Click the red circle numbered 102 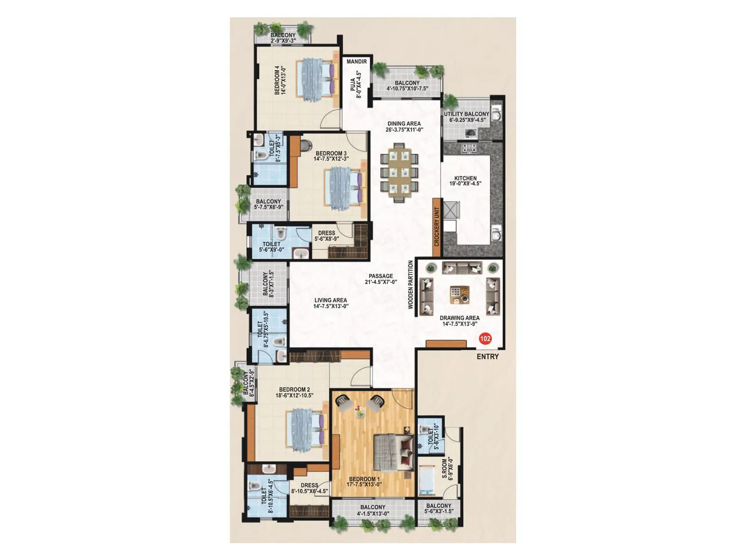click(485, 339)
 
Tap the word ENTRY click(488, 357)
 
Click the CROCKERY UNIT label click(437, 227)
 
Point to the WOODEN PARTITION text click(411, 285)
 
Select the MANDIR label click(357, 62)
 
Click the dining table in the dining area click(399, 172)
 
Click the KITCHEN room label click(465, 178)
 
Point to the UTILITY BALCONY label click(466, 114)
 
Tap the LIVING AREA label click(331, 301)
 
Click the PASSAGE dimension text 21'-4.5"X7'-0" click(381, 282)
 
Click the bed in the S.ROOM click(426, 481)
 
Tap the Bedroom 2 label click(294, 390)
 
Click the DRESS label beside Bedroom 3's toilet click(326, 233)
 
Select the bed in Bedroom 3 click(344, 187)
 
